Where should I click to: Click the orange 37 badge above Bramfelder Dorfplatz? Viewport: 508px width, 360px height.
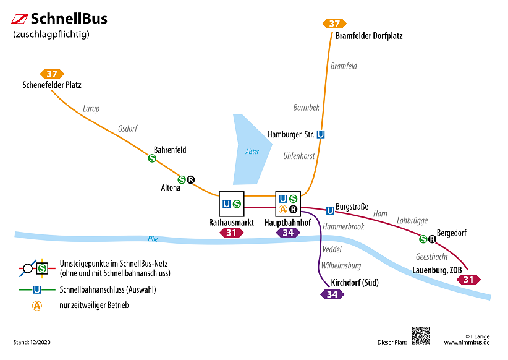pos(334,24)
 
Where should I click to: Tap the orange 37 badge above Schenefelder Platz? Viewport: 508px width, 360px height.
pos(52,74)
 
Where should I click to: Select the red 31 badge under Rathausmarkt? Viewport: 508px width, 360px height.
pos(232,233)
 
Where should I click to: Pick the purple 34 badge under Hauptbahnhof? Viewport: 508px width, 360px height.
pos(288,233)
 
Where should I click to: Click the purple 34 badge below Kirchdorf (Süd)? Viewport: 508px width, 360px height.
pos(332,294)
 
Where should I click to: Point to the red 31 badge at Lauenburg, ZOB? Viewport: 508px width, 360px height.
pos(468,280)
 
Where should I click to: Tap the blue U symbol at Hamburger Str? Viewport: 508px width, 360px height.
pos(320,134)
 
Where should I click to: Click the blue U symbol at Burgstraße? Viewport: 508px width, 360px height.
pos(330,210)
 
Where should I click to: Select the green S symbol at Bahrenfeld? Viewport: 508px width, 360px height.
pos(152,158)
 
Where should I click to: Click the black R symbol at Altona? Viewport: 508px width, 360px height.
pos(191,180)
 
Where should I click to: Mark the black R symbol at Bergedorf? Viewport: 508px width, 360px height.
pos(432,239)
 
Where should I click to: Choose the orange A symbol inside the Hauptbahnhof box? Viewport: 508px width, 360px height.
pos(283,209)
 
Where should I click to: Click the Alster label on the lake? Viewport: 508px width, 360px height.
pos(252,152)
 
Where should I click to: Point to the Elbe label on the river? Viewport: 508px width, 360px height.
pos(153,239)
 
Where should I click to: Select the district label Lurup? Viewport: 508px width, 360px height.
pos(91,109)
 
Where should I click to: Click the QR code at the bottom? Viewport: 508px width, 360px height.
pos(420,335)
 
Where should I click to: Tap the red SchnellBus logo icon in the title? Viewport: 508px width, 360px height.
pos(20,19)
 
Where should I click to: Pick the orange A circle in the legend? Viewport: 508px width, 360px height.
pos(37,306)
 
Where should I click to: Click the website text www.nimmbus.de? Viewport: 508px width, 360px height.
pos(467,342)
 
